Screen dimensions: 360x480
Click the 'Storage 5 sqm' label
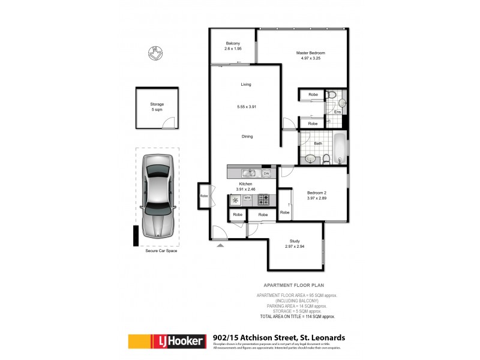click(157, 107)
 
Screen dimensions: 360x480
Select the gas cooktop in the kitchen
click(263, 200)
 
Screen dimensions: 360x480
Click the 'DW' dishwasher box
click(266, 174)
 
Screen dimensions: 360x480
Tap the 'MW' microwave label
click(247, 197)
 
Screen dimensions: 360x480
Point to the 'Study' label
click(295, 241)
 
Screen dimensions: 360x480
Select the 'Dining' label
click(247, 136)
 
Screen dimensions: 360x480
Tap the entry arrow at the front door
click(221, 245)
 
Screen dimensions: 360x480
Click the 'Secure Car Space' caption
click(161, 251)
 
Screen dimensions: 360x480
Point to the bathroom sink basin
click(310, 159)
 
